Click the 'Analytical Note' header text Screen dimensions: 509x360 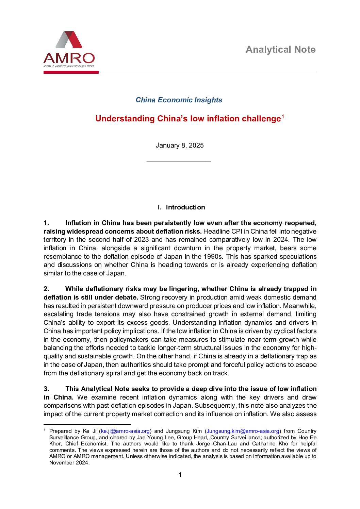280,50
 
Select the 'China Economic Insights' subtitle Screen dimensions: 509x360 179,100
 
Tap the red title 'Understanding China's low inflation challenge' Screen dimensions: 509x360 188,119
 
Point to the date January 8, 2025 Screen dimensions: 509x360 180,146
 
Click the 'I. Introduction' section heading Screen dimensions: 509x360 181,207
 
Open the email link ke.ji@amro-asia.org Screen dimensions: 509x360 125,431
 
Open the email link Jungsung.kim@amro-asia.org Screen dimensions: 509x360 243,431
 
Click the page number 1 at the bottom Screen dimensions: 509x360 180,475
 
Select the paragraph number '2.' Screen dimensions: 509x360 46,289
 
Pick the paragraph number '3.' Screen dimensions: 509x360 46,389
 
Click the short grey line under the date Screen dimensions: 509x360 179,162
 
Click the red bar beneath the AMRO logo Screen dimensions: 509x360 71,72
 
